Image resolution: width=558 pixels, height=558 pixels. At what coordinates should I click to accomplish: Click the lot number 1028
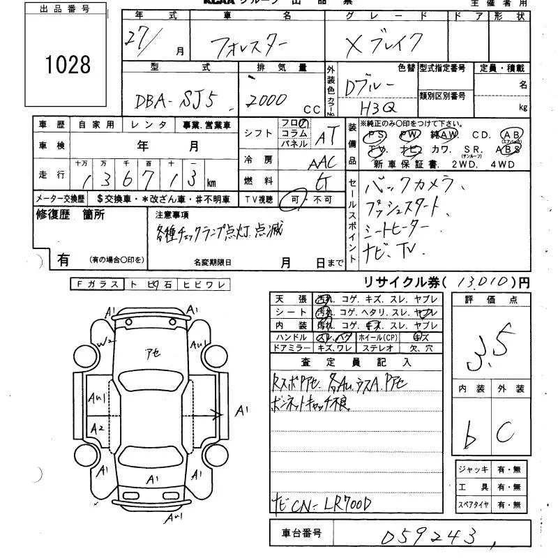coord(68,65)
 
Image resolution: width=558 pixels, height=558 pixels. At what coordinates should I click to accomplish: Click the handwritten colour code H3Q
coord(379,108)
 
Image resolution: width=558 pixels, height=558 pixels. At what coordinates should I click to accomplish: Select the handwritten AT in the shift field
coord(322,137)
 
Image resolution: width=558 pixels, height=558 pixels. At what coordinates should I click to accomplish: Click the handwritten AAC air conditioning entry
coord(322,161)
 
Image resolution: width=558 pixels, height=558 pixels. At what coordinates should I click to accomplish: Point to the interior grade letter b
coord(470,437)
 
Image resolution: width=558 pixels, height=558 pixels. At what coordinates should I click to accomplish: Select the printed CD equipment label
coord(481,135)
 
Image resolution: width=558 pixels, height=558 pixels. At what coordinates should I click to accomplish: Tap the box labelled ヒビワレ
coord(199,284)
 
